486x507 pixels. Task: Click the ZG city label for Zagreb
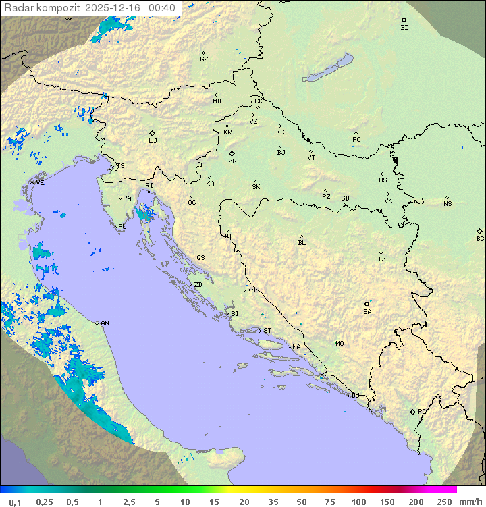point(232,161)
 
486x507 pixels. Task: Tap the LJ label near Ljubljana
point(153,141)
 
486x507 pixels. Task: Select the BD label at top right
point(404,28)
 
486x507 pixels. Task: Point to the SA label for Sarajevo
point(367,312)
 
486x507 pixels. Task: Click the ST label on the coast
point(267,331)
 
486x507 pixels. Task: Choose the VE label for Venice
point(40,183)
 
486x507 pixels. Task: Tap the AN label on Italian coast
point(105,323)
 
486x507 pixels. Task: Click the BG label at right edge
point(480,238)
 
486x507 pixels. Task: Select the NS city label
point(448,204)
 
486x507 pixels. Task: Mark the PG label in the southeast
point(422,411)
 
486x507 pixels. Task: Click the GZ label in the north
point(204,59)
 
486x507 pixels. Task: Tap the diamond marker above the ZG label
point(232,154)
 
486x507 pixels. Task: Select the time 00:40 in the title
point(162,8)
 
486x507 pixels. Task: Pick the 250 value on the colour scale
point(443,502)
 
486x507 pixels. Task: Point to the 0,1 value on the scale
point(15,502)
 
